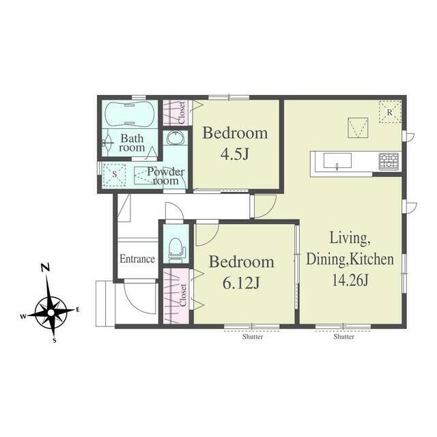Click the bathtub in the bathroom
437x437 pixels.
coord(129,114)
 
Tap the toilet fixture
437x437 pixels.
coord(176,249)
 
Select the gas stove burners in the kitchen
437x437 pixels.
coord(389,161)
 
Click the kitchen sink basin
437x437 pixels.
coord(337,160)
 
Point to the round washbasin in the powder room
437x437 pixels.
coord(175,138)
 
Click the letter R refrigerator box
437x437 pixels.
coord(390,111)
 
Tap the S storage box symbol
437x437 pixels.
coord(114,175)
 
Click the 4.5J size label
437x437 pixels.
coord(234,154)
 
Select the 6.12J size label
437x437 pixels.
coord(241,283)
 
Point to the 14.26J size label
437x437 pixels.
coord(350,279)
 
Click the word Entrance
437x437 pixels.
coord(137,259)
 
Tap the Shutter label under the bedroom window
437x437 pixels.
coord(253,337)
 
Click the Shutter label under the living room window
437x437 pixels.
coord(344,337)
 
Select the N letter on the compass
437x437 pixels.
coord(45,268)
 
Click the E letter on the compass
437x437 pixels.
coord(78,309)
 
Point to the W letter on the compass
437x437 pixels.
coord(23,316)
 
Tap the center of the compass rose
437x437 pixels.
coord(51,313)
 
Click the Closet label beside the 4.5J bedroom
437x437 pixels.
coord(182,113)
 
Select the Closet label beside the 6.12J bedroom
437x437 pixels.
coord(183,295)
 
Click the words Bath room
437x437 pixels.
coord(132,143)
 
